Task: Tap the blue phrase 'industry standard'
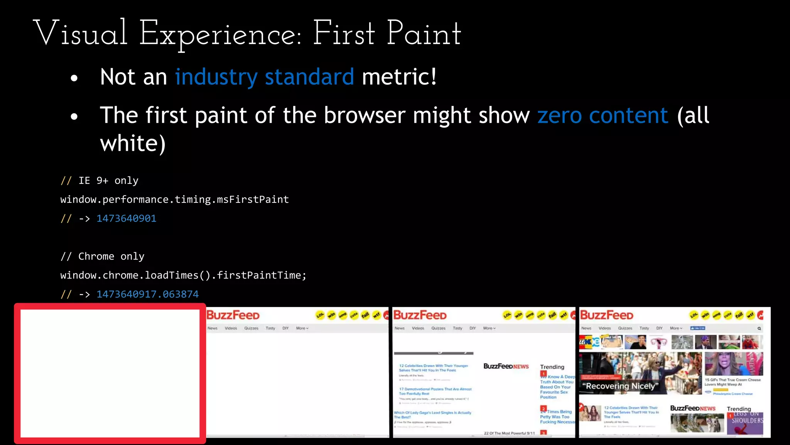[264, 76]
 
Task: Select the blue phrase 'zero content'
[603, 115]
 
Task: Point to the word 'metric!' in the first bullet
[399, 76]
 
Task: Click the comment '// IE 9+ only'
[100, 180]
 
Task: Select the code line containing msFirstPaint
[174, 199]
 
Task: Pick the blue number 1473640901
[126, 218]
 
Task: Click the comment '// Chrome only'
[102, 256]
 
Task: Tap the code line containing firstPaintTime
[183, 275]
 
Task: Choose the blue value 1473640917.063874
[147, 294]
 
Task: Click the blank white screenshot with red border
[110, 373]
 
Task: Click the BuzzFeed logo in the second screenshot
[233, 315]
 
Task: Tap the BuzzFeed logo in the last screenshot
[606, 315]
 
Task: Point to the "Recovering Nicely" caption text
[620, 386]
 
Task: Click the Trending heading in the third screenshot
[552, 367]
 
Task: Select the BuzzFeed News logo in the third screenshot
[506, 366]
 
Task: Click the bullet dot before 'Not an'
[74, 78]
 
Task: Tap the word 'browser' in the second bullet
[365, 115]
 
